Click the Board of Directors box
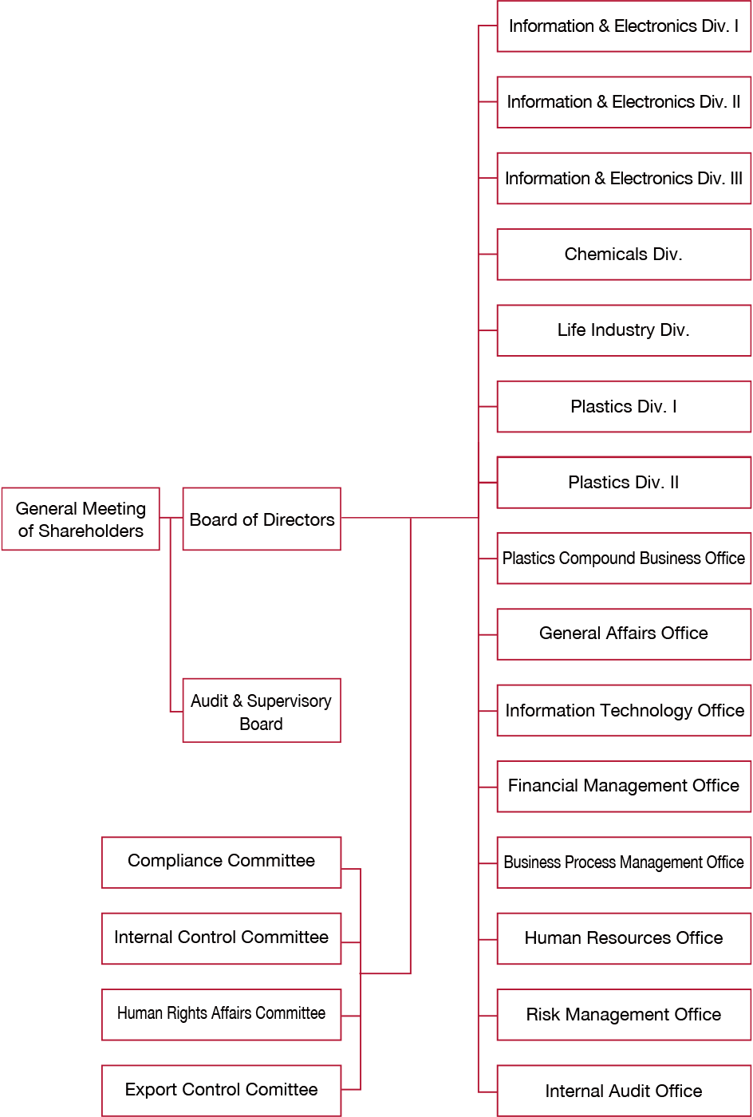click(262, 519)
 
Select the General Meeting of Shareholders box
click(81, 519)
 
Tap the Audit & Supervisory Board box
click(262, 710)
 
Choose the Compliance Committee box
click(222, 862)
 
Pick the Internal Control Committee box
click(222, 938)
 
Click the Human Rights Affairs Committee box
click(222, 1014)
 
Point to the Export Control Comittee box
click(222, 1091)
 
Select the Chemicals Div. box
click(624, 255)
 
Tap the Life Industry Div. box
click(624, 330)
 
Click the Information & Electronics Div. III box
click(624, 178)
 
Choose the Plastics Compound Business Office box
click(624, 558)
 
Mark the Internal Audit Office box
click(624, 1091)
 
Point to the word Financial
click(543, 785)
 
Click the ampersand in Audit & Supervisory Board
click(238, 701)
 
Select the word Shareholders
click(91, 531)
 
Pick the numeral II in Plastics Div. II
click(674, 482)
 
